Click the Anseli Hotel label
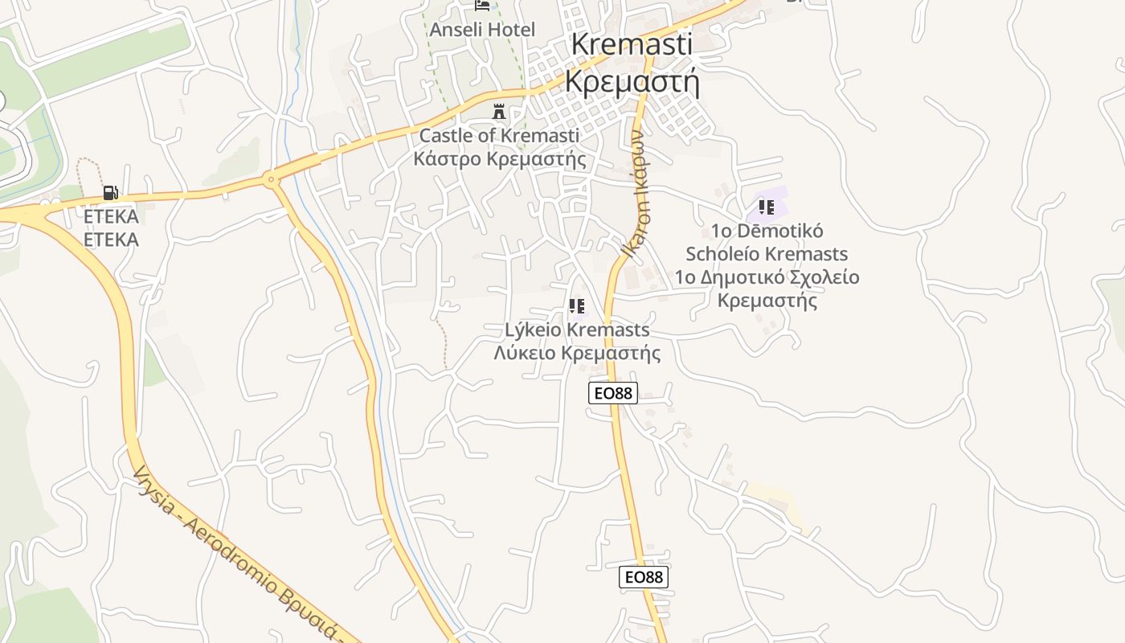(482, 30)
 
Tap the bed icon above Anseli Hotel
(482, 5)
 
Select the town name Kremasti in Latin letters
(632, 44)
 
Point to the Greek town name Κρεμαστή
(632, 81)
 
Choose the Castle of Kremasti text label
(499, 135)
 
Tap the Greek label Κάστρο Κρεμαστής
(499, 158)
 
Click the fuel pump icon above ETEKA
(110, 193)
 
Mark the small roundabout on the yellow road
(271, 179)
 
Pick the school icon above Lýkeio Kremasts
(576, 305)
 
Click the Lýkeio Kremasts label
(577, 330)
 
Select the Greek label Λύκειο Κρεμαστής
(577, 353)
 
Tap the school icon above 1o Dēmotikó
(767, 207)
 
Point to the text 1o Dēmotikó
(767, 231)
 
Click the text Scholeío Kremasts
(767, 254)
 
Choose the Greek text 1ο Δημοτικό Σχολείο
(767, 277)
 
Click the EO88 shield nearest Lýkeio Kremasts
(613, 393)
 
